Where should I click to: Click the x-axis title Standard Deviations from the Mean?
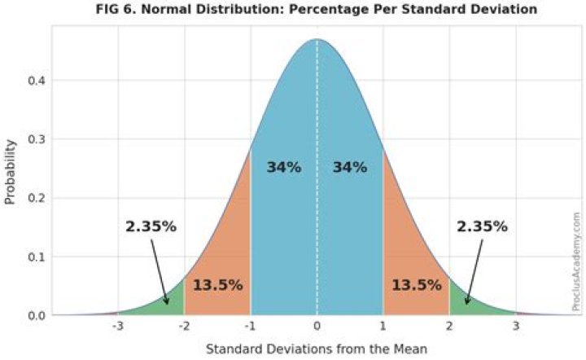click(x=317, y=349)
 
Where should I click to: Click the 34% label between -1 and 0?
click(x=284, y=167)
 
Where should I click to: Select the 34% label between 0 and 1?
click(x=350, y=167)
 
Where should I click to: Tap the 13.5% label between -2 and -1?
click(x=217, y=285)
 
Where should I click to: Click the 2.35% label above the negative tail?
click(x=151, y=226)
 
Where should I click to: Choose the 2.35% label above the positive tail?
click(x=482, y=226)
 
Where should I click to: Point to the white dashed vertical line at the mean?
click(x=317, y=228)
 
